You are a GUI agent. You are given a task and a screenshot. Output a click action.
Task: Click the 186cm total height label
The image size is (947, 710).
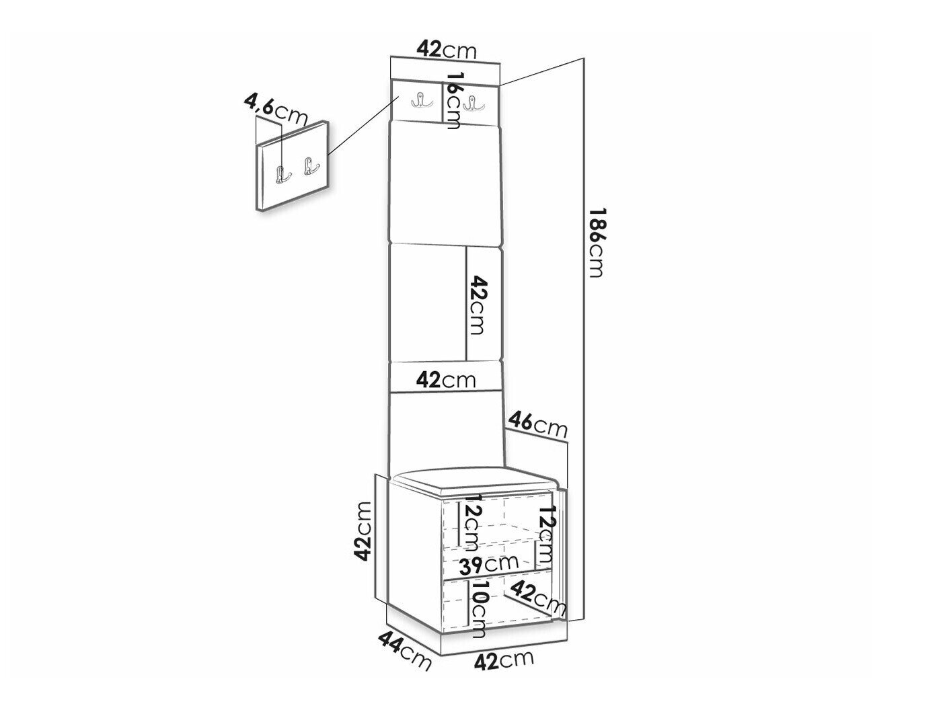point(596,242)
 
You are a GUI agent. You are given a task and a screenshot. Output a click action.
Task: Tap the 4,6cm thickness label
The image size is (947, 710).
point(276,110)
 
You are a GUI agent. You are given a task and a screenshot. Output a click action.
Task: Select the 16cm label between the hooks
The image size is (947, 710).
point(455,101)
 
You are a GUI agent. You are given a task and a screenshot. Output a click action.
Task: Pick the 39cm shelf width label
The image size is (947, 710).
point(494,562)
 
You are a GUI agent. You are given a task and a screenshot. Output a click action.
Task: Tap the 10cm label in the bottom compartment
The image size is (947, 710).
point(479,609)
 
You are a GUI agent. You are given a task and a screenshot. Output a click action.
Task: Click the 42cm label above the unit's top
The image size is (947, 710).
point(446,49)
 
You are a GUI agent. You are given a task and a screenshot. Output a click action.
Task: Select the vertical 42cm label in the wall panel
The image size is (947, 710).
point(478,304)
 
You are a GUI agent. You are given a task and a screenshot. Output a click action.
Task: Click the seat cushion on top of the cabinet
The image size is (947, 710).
point(474,479)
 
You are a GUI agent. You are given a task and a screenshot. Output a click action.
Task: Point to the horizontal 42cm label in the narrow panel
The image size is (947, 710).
point(446,380)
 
